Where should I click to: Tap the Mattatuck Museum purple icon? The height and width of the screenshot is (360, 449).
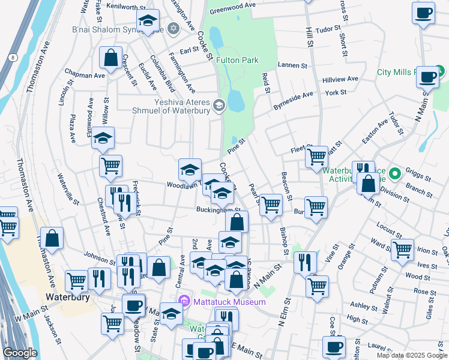[x=183, y=301]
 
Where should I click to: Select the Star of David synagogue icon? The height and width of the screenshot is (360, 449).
[x=173, y=29]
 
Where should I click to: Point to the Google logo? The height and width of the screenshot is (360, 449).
[x=20, y=353]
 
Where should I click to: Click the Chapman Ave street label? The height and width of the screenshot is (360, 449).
[x=85, y=76]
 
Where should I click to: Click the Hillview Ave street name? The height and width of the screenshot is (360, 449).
[x=340, y=79]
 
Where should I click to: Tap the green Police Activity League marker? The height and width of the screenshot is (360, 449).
[x=394, y=175]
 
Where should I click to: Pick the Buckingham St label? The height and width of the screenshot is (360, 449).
[x=218, y=210]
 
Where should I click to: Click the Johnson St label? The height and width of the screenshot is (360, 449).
[x=99, y=257]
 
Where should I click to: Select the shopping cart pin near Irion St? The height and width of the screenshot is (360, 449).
[x=402, y=249]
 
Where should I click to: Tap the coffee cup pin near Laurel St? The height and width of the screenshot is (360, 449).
[x=334, y=346]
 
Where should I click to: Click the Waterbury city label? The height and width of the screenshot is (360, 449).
[x=68, y=297]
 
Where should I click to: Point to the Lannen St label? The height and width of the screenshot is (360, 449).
[x=292, y=65]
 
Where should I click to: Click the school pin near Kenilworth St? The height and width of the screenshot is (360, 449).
[x=147, y=21]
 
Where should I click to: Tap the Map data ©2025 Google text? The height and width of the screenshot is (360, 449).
[x=411, y=355]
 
